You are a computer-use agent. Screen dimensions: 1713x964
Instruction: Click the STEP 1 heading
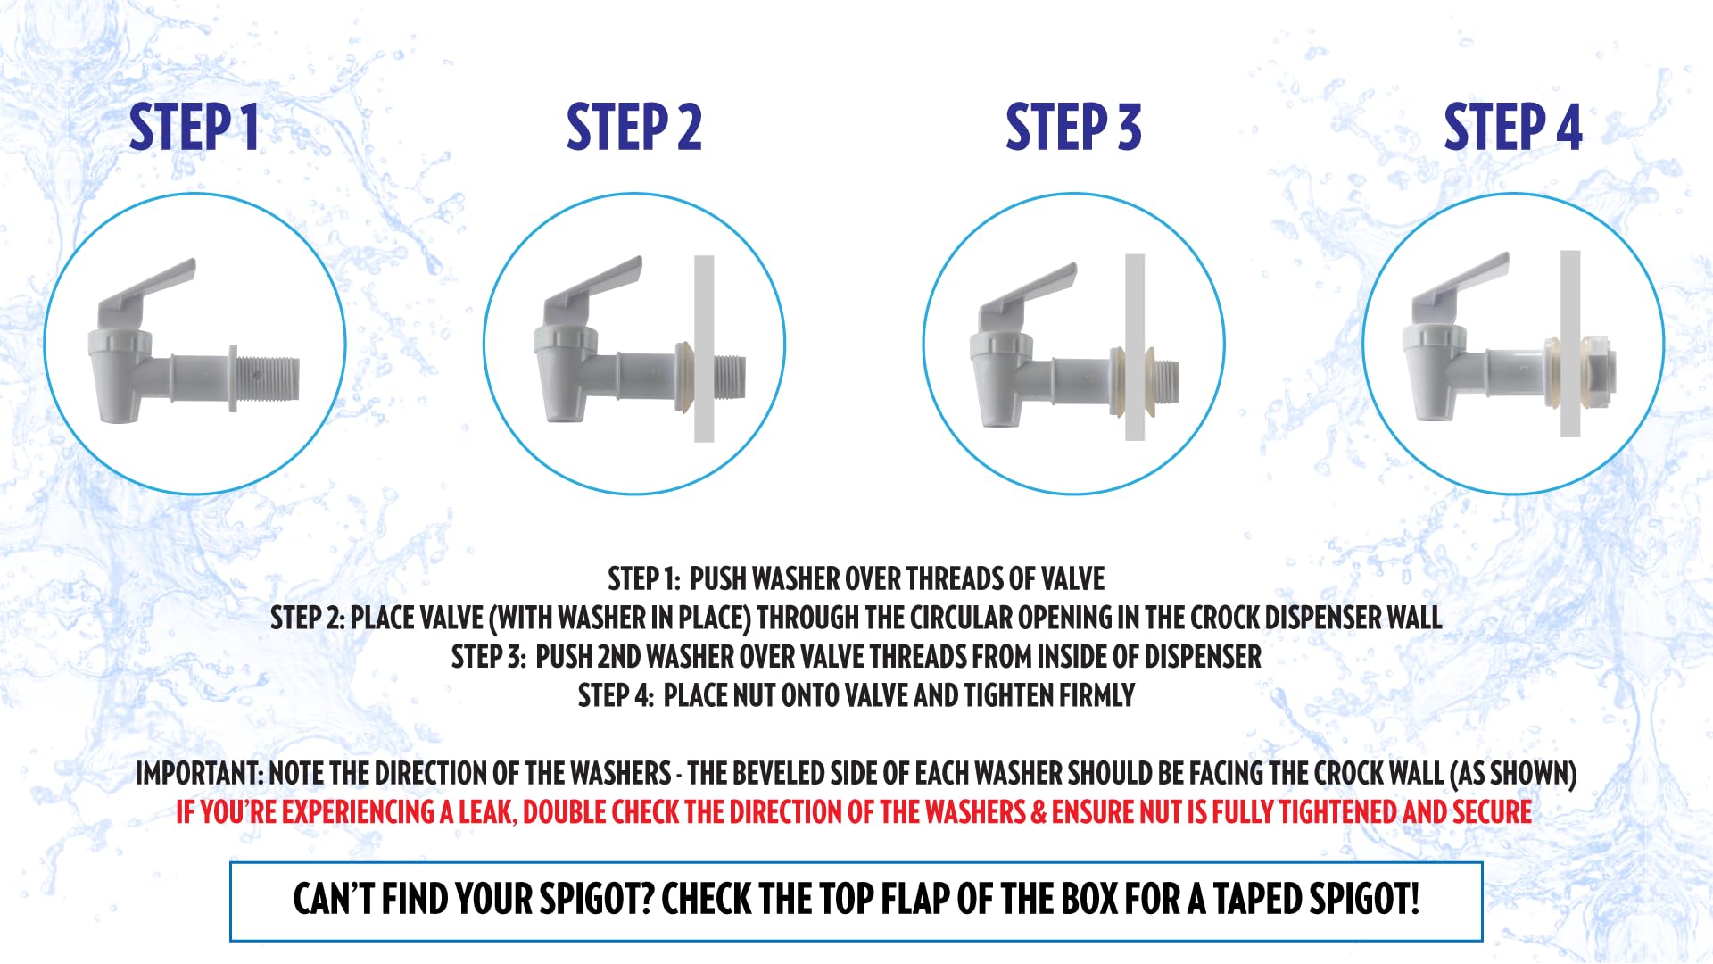(x=194, y=127)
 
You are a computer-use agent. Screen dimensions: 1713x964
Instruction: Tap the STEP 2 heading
(x=634, y=127)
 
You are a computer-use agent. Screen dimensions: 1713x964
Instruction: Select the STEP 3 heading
(x=1073, y=127)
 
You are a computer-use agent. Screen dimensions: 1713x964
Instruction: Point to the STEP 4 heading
(x=1513, y=127)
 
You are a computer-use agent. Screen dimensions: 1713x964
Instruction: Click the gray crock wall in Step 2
(x=704, y=348)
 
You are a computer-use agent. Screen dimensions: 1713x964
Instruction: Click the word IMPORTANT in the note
(x=198, y=773)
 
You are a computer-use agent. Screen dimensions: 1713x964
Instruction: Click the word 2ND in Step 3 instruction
(x=618, y=657)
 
